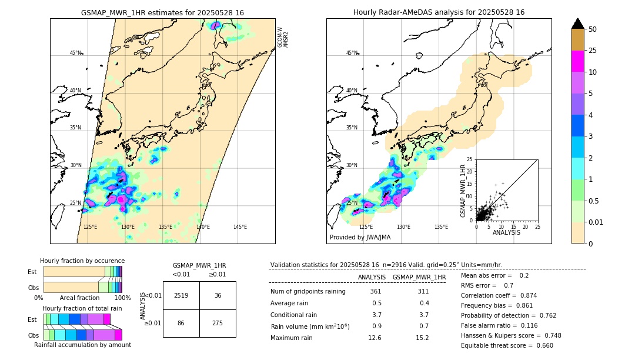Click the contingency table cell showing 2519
[181, 295]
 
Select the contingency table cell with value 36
[218, 295]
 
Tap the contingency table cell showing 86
[181, 324]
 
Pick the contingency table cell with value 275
[218, 324]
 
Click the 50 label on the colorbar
[593, 29]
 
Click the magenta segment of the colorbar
[577, 61]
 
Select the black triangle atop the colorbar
[577, 23]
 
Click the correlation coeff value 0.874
[524, 296]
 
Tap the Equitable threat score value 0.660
[541, 345]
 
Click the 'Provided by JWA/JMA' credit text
[360, 238]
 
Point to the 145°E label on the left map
[240, 227]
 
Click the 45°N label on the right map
[352, 53]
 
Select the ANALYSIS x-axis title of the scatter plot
[506, 232]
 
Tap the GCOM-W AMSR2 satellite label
[283, 36]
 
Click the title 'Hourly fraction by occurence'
[82, 261]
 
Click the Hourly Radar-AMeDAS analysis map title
[439, 12]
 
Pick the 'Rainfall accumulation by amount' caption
[82, 345]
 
